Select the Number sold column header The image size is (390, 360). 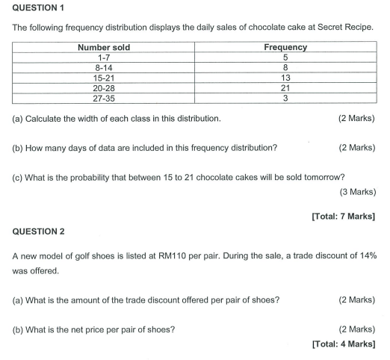(x=104, y=48)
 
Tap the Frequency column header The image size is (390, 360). (x=285, y=48)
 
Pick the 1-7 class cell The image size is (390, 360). (x=104, y=58)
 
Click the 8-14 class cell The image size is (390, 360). (x=104, y=67)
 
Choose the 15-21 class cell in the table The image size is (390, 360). (x=104, y=78)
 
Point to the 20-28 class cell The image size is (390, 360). (x=104, y=87)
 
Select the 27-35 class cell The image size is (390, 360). (x=104, y=97)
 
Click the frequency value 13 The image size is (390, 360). (x=285, y=78)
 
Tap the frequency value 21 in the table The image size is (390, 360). (x=285, y=87)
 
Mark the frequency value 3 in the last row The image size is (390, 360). (x=285, y=97)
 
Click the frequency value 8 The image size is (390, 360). (x=285, y=67)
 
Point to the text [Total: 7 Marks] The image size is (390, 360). (x=343, y=217)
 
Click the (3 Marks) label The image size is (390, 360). (x=357, y=193)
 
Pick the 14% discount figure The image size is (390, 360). (x=365, y=255)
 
